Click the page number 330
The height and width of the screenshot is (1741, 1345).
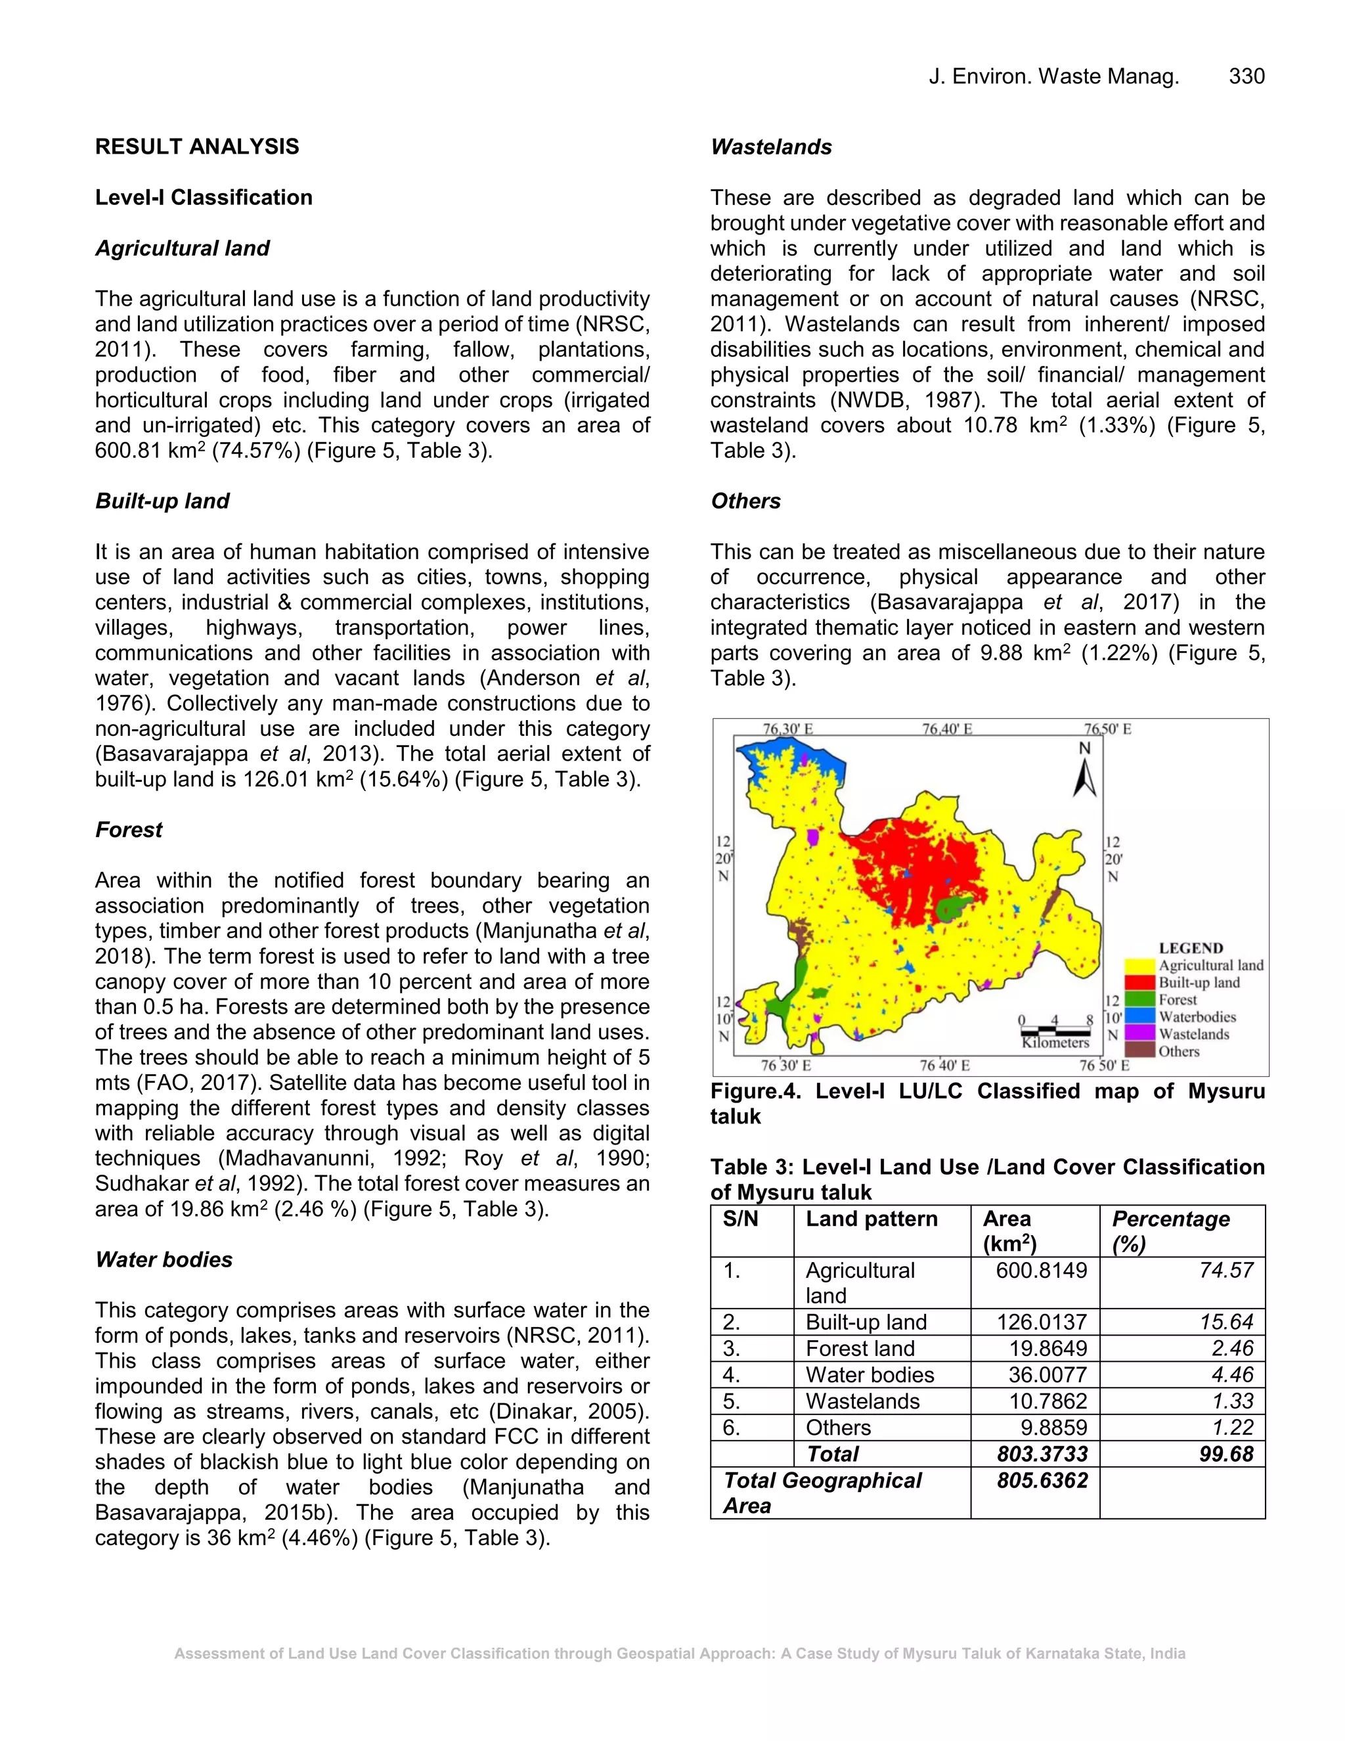pos(1246,76)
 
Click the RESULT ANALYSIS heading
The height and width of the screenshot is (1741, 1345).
pos(197,147)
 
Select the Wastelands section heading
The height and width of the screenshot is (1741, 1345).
pos(770,147)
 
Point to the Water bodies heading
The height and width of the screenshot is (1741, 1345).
pos(164,1259)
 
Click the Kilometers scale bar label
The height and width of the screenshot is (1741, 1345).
pos(1055,1043)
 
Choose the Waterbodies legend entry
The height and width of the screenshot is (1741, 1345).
pos(1197,1017)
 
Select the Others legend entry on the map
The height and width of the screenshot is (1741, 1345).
pos(1178,1051)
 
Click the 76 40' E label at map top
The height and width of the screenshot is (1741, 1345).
pos(946,729)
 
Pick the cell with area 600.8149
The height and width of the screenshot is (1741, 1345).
pos(1041,1271)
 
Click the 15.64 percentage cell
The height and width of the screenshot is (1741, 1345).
pos(1226,1323)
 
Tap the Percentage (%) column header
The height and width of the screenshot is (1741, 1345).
pos(1170,1231)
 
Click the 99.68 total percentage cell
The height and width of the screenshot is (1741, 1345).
pos(1226,1454)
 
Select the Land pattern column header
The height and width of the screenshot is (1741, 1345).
pos(871,1219)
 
